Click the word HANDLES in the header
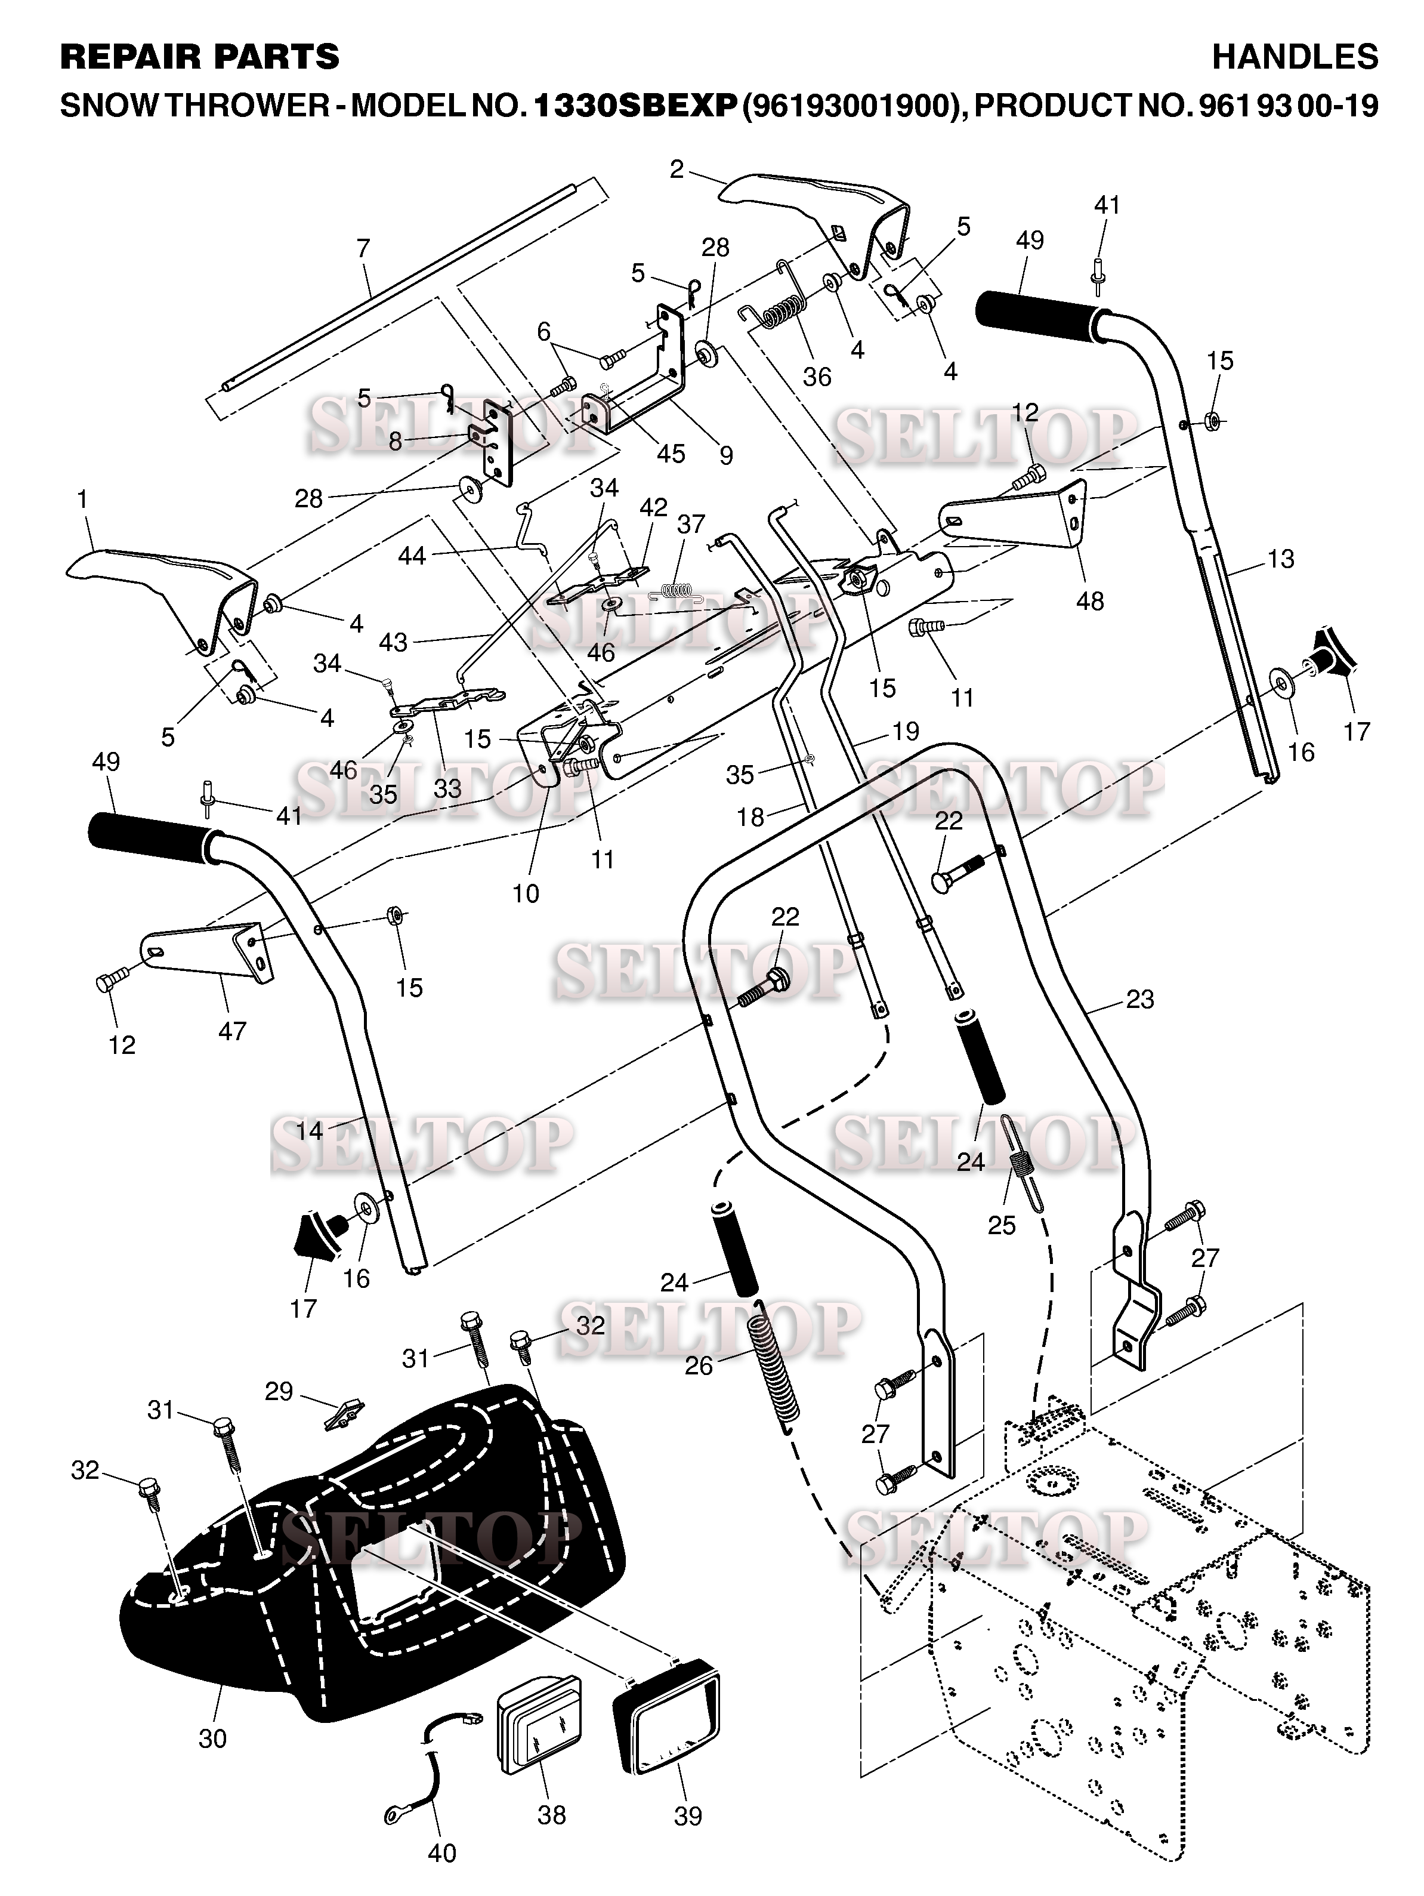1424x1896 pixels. coord(1295,57)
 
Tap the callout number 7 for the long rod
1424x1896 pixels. coord(363,249)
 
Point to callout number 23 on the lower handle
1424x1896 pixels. coord(1139,998)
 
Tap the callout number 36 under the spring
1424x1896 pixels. coord(817,377)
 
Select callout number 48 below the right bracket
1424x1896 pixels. coord(1090,601)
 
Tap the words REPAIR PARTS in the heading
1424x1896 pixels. coord(200,57)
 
